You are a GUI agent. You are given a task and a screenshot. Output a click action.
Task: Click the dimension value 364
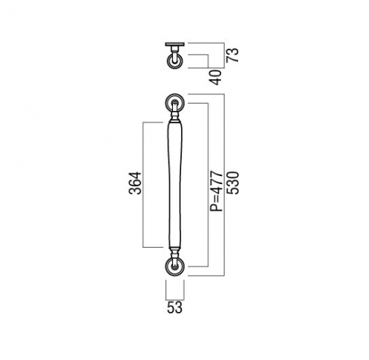tap(135, 183)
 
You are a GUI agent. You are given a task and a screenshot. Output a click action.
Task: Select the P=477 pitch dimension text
tap(216, 191)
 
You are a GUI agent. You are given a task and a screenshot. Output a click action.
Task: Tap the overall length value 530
tap(233, 183)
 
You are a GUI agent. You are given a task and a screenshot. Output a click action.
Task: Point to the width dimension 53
tap(175, 308)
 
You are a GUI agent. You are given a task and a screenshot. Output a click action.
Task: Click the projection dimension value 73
tap(233, 55)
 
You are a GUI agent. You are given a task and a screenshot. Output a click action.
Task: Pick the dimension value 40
tap(216, 78)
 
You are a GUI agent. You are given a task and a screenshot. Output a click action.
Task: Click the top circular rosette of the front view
tap(175, 103)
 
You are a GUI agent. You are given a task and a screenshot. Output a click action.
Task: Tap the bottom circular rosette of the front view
tap(175, 267)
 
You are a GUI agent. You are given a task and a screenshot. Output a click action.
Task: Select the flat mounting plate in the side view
tap(175, 44)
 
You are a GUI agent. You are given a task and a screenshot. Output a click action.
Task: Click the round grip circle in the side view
tap(175, 61)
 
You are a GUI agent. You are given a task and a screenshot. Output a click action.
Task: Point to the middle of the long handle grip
tap(175, 185)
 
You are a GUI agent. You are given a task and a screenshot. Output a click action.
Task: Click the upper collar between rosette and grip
tap(175, 117)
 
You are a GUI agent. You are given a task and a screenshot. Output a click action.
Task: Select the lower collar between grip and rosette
tap(175, 253)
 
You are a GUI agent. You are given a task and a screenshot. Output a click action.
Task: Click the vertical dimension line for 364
tap(143, 185)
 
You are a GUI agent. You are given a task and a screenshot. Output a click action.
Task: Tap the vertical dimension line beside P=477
tap(209, 185)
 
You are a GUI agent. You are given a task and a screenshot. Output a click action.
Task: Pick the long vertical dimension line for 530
tap(224, 185)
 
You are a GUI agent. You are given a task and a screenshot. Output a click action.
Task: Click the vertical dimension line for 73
tap(224, 55)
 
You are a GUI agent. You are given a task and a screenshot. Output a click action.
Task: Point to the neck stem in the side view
tap(175, 53)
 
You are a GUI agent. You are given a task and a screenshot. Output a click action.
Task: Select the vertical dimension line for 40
tap(209, 61)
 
